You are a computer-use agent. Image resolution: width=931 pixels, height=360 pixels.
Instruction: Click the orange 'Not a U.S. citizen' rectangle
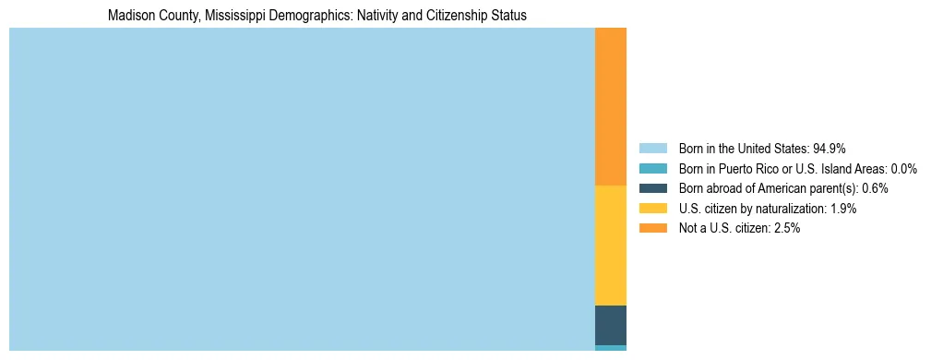(611, 106)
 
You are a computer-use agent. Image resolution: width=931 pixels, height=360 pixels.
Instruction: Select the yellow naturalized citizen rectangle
(611, 245)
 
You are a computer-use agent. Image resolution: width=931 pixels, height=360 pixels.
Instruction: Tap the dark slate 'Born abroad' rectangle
(611, 325)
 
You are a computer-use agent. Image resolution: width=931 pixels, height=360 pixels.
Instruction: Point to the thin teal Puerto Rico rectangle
(611, 348)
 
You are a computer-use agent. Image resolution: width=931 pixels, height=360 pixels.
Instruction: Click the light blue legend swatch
(652, 149)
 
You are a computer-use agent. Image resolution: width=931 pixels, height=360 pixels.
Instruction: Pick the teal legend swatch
(652, 169)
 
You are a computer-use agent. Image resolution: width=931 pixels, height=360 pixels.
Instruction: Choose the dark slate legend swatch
(652, 188)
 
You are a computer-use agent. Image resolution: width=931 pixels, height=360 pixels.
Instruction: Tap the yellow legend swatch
(652, 209)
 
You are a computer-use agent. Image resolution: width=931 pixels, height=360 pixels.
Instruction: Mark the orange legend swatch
(652, 228)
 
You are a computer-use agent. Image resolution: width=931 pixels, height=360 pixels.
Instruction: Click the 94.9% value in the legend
(830, 149)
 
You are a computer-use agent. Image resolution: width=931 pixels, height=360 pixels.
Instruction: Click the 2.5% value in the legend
(785, 228)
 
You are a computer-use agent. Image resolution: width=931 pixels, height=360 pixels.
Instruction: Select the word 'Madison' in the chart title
(129, 16)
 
